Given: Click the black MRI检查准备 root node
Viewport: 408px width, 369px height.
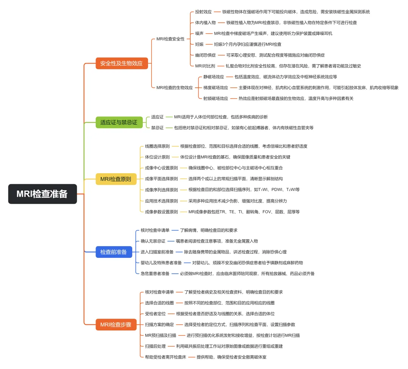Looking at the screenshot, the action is click(x=42, y=194).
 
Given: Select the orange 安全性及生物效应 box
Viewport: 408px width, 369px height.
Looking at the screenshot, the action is click(x=121, y=63).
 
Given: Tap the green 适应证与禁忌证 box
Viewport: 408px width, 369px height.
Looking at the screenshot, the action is click(x=119, y=122).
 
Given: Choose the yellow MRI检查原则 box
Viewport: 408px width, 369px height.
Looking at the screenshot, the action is click(x=116, y=179).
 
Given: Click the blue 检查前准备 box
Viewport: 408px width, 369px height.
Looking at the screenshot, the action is click(x=113, y=252).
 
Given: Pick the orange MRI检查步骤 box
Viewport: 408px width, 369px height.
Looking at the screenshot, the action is click(x=116, y=324).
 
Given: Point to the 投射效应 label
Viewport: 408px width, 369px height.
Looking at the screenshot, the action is click(x=203, y=12).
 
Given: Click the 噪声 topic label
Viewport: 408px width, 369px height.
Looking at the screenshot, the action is click(x=199, y=33).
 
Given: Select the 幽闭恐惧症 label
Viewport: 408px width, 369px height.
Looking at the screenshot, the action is click(x=206, y=55).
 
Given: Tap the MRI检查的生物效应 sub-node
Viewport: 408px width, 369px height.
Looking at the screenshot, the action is click(x=175, y=87).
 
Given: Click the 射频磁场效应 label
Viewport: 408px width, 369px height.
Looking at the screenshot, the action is click(x=215, y=98).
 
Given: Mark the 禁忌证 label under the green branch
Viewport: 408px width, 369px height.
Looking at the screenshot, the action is click(x=157, y=128).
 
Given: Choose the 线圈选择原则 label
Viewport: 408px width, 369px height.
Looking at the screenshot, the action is click(x=157, y=146).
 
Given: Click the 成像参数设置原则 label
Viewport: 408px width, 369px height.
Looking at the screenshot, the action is click(x=161, y=212).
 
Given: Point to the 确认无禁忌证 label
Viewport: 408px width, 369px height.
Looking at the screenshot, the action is click(x=153, y=241).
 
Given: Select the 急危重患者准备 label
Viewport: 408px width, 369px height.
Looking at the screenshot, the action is click(x=155, y=273).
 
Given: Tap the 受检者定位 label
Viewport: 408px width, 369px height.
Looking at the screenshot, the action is click(x=155, y=313).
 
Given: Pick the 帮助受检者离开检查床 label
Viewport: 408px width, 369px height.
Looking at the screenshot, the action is click(x=165, y=357).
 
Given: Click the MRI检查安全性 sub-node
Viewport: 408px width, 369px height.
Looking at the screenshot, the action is click(x=170, y=39).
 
